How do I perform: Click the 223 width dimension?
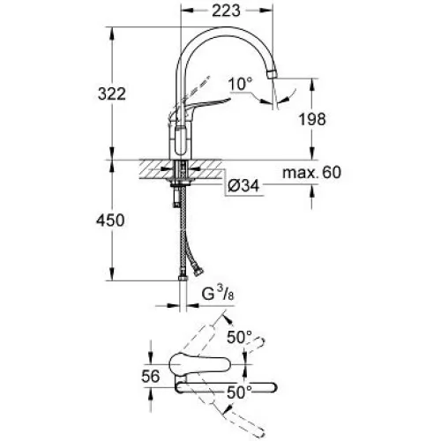pos(226,11)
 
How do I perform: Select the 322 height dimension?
pos(112,94)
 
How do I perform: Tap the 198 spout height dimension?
pos(312,119)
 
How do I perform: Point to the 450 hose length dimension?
pos(110,220)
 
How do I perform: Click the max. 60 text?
pos(312,172)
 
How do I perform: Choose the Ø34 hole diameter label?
pos(243,186)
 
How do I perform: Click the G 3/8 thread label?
pos(218,293)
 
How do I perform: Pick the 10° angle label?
pos(241,84)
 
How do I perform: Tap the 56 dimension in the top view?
pos(151,376)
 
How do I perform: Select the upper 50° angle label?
pos(240,337)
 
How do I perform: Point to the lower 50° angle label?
pos(240,392)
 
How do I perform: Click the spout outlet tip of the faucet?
pos(273,73)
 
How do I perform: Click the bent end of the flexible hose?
pos(198,273)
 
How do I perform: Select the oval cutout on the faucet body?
pos(180,140)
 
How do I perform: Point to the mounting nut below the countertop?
pos(181,184)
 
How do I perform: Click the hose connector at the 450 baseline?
pos(183,278)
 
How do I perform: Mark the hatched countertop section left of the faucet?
pos(155,169)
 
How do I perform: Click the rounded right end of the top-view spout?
pos(271,388)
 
